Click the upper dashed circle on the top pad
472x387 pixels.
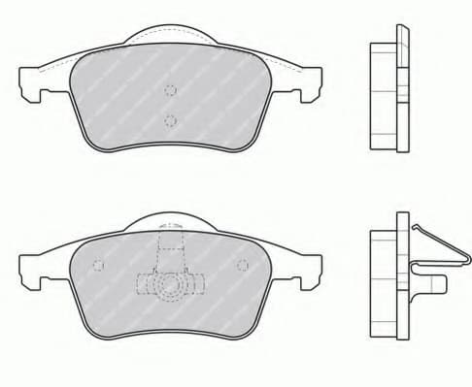tap(171, 91)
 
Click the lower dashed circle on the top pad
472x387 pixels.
tap(171, 120)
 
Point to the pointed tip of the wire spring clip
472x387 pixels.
tap(415, 226)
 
